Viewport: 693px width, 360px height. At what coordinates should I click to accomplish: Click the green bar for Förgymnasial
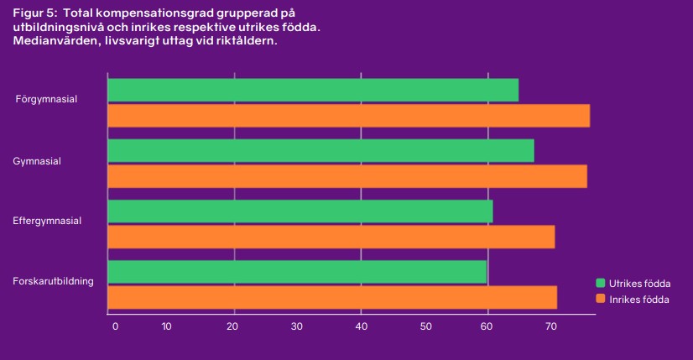(313, 90)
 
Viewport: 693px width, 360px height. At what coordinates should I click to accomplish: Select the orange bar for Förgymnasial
(348, 116)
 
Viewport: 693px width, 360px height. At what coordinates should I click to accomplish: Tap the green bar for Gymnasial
(320, 150)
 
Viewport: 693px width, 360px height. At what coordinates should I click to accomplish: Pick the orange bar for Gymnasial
(347, 176)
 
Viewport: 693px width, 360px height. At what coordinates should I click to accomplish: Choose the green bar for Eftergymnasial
(300, 211)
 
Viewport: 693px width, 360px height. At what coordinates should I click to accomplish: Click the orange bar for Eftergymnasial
(331, 237)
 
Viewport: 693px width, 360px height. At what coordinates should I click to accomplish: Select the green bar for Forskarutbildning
(297, 272)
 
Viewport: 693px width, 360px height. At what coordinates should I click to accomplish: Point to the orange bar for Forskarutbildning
(332, 297)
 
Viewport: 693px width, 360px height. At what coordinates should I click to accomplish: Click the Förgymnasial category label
(47, 99)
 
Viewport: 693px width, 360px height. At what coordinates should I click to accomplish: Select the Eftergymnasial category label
(47, 222)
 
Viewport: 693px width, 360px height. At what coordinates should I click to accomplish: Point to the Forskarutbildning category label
(53, 281)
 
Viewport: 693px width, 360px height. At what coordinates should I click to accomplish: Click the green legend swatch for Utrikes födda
(601, 283)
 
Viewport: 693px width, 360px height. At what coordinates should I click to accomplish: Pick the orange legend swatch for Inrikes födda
(601, 299)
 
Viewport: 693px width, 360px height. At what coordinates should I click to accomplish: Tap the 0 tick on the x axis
(115, 326)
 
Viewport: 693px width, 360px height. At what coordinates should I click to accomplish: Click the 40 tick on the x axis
(361, 326)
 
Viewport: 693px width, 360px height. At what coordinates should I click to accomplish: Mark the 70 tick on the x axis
(551, 326)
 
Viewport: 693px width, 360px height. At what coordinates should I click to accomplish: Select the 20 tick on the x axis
(233, 326)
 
